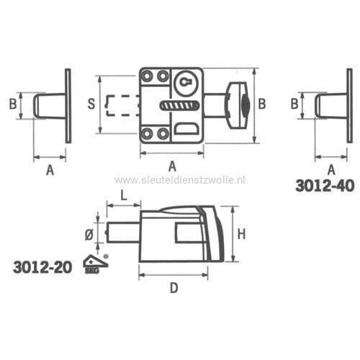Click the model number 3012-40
point(325,186)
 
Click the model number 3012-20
point(42,267)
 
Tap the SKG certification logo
point(95,264)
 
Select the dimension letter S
point(91,104)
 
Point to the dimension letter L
point(123,196)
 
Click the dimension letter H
point(241,234)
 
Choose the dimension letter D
point(174,288)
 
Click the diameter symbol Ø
point(89,235)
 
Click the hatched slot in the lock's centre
point(179,106)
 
